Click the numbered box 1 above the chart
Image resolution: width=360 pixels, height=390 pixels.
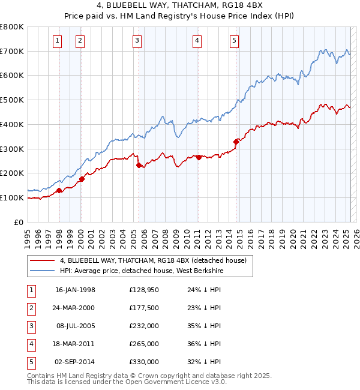pyautogui.click(x=57, y=41)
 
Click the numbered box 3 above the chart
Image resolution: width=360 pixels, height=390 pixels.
pyautogui.click(x=137, y=41)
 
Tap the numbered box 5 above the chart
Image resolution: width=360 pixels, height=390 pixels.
pyautogui.click(x=233, y=41)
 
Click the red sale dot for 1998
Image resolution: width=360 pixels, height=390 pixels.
pyautogui.click(x=59, y=191)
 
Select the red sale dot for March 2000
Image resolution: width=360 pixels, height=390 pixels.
pyautogui.click(x=82, y=179)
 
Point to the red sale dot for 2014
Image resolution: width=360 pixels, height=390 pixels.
pyautogui.click(x=236, y=142)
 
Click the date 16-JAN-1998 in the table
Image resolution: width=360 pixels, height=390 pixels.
pyautogui.click(x=75, y=290)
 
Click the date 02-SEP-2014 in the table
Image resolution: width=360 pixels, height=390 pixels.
pyautogui.click(x=75, y=362)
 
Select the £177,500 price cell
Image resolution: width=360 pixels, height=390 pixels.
pyautogui.click(x=144, y=308)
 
